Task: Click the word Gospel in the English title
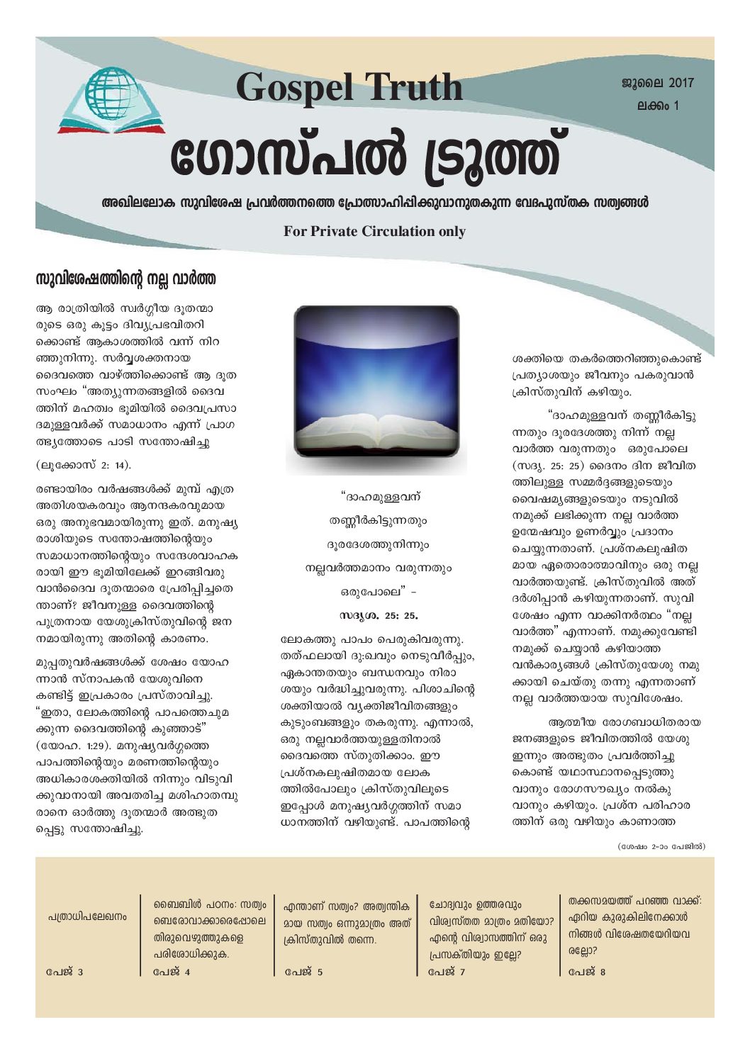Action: point(289,88)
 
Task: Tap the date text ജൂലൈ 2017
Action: point(658,83)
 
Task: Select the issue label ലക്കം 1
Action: point(658,106)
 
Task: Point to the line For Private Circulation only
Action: point(374,231)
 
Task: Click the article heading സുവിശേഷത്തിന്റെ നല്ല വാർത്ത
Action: point(125,279)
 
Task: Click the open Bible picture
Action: point(376,390)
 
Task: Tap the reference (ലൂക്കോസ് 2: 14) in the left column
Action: point(84,465)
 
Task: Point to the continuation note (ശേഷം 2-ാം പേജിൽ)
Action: point(661,846)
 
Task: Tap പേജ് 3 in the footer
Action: point(65,971)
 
